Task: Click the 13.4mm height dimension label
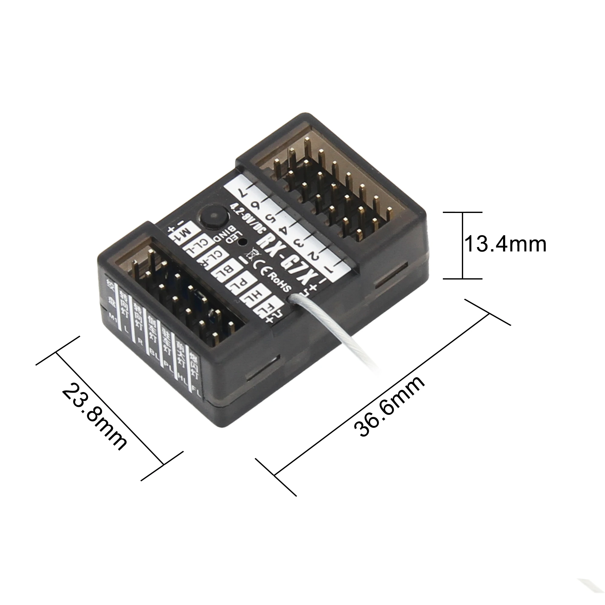point(505,244)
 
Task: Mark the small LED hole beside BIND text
point(242,241)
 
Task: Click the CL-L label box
point(199,245)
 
